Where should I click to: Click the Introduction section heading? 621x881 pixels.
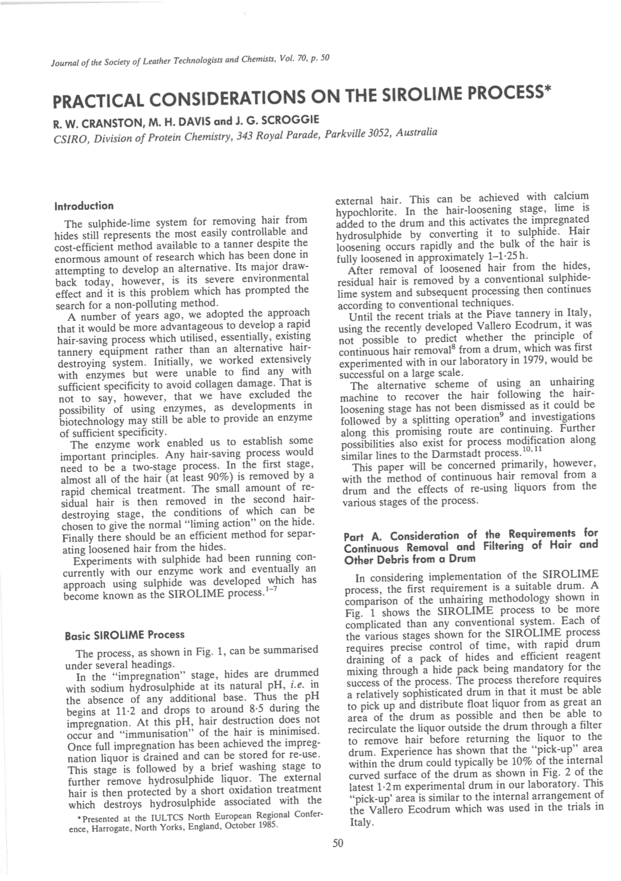pos(83,206)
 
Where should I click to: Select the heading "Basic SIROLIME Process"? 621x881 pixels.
pos(124,635)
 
